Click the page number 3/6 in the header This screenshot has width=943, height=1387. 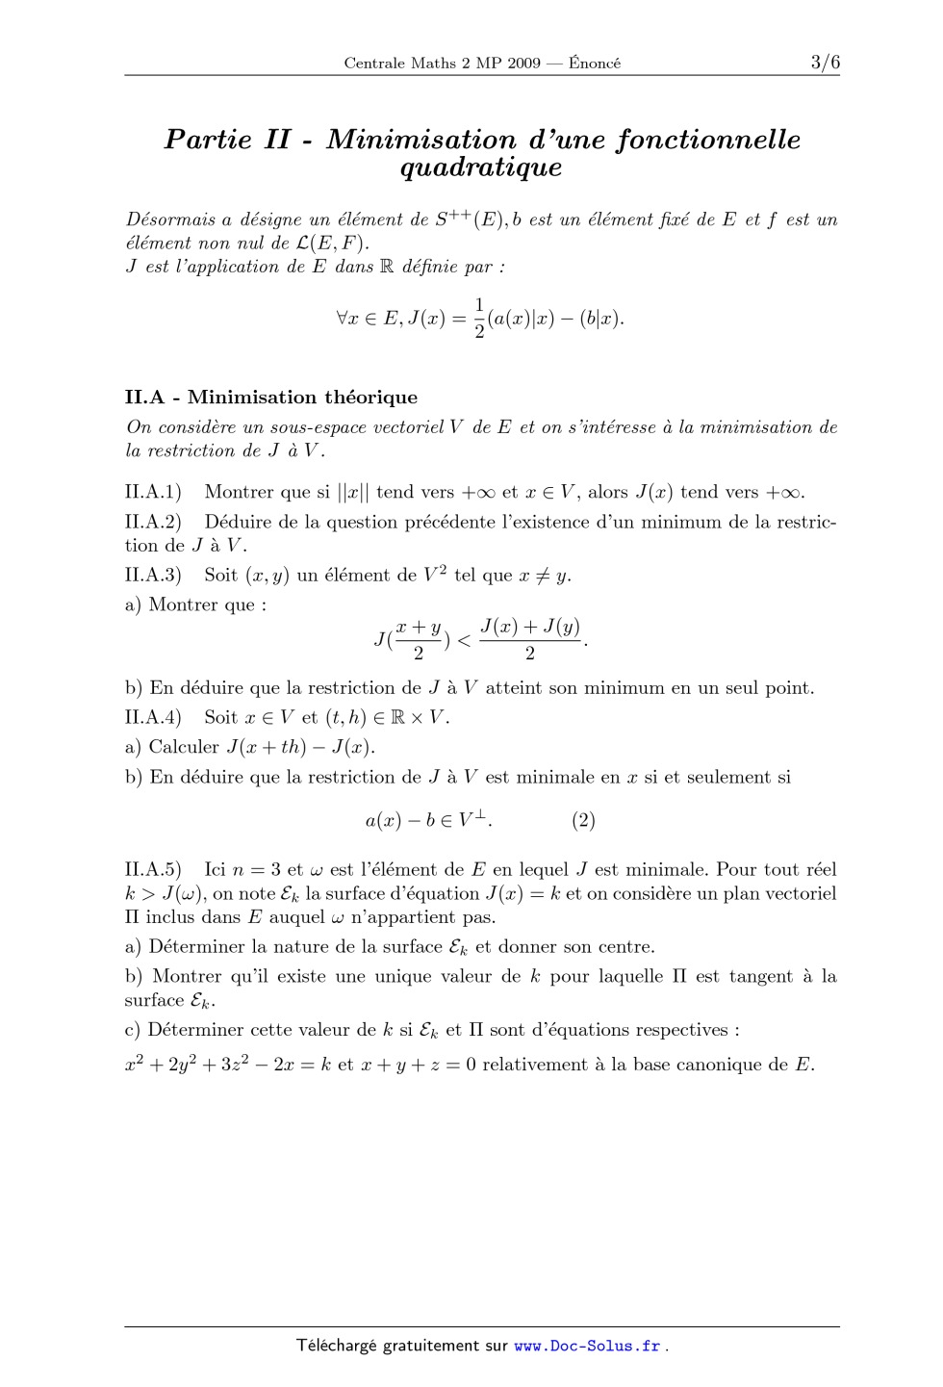coord(825,63)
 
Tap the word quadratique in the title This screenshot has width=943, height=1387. coord(480,168)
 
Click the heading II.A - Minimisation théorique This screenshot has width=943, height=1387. coord(271,397)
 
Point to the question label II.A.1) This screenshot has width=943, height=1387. coord(153,492)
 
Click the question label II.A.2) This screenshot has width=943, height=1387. coord(153,522)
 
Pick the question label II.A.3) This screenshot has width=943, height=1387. coord(153,576)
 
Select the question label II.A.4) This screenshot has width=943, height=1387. coord(153,717)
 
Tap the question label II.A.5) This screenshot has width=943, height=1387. coord(153,870)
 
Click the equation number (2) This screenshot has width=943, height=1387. coord(583,820)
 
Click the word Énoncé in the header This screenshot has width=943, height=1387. coord(595,64)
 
